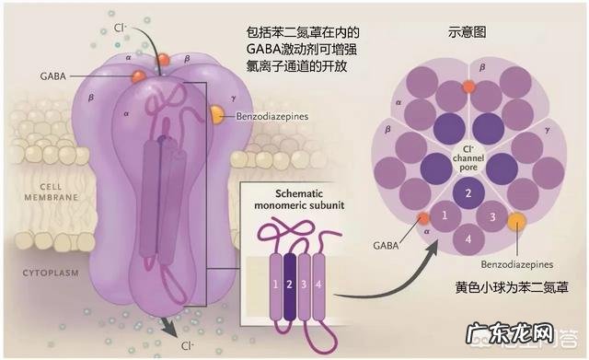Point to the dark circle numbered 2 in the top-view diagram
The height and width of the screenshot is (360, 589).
468,193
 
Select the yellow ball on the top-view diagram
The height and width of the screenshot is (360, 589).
516,221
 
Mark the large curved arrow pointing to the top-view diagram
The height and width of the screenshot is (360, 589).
368,267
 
